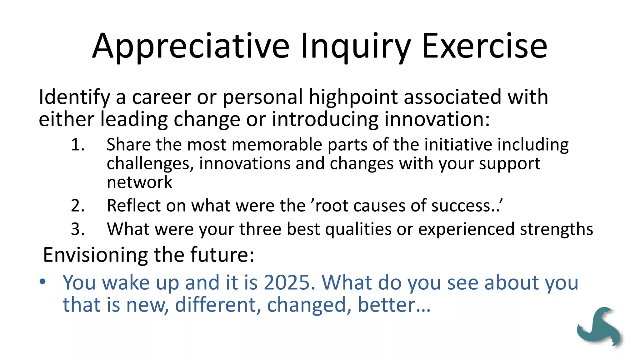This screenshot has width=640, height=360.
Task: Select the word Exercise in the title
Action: (484, 46)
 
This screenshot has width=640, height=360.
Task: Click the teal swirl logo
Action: (599, 327)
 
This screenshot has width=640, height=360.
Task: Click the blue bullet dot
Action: (43, 282)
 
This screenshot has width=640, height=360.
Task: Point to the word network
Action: (139, 182)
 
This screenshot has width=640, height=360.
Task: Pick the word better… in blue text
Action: (394, 305)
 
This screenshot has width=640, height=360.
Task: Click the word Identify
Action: (74, 97)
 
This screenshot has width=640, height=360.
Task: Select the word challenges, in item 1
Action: (150, 164)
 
